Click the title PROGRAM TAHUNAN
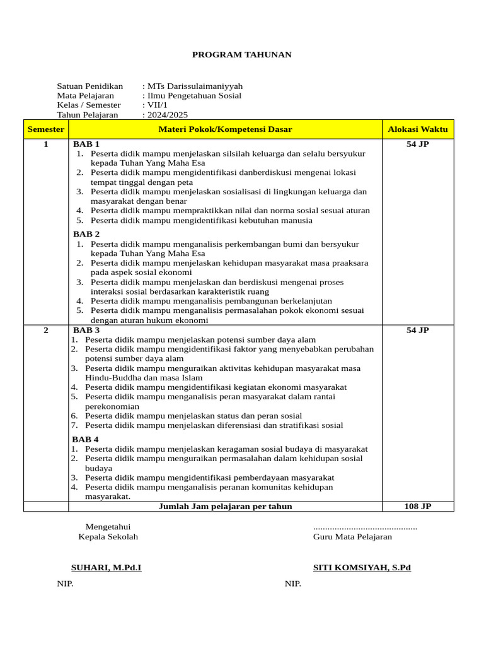click(x=241, y=55)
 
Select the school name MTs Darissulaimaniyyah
click(x=194, y=86)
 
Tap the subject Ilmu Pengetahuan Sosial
click(x=193, y=96)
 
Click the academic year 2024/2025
click(x=167, y=115)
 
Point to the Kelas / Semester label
click(x=88, y=105)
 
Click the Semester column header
click(x=46, y=129)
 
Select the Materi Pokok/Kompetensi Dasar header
click(x=225, y=129)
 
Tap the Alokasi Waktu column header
click(x=417, y=129)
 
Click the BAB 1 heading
click(x=86, y=144)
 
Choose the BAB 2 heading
click(x=86, y=234)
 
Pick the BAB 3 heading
click(x=86, y=330)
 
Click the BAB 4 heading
click(x=85, y=439)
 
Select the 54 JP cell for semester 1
click(x=417, y=144)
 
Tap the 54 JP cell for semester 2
click(x=417, y=330)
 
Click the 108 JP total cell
click(x=417, y=506)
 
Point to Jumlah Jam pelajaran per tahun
click(x=225, y=506)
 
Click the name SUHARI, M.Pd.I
click(x=106, y=568)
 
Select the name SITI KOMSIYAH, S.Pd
click(x=362, y=568)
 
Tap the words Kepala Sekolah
click(x=108, y=537)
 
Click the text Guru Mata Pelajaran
click(x=352, y=537)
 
